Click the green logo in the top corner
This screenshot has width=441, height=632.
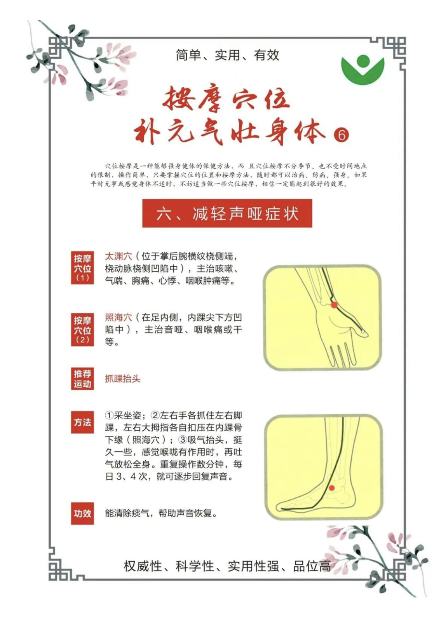pos(363,70)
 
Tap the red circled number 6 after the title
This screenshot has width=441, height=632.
pos(341,135)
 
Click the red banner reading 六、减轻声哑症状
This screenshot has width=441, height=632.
pos(227,213)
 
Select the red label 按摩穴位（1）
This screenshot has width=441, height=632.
pos(82,267)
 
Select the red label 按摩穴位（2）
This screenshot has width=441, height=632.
pos(82,330)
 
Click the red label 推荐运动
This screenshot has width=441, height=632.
pos(82,379)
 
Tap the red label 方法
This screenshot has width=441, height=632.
pos(82,422)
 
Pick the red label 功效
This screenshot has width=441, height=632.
pos(82,513)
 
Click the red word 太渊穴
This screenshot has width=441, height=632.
pos(119,256)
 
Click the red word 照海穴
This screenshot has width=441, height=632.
pos(119,318)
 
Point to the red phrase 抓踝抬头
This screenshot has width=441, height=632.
pos(123,379)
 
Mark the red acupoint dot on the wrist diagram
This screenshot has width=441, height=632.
pos(334,305)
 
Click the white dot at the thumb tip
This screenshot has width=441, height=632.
pos(363,332)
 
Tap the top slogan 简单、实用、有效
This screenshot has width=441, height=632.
pos(227,55)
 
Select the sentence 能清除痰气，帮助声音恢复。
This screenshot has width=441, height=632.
pos(161,513)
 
